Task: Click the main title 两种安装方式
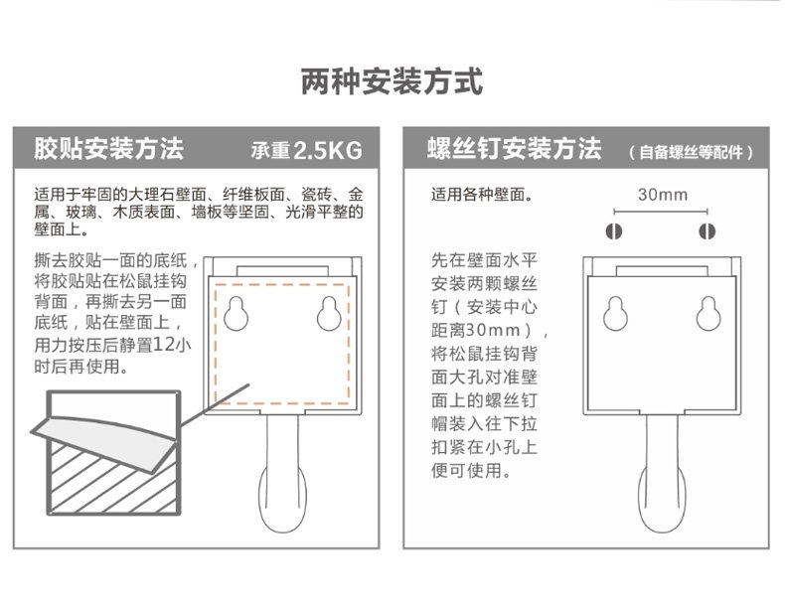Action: (392, 81)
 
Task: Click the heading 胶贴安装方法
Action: (109, 148)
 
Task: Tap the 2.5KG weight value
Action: (328, 150)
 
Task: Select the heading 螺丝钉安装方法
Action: (514, 148)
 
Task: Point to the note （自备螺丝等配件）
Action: (692, 152)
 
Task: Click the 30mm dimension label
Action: (663, 194)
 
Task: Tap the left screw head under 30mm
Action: (614, 231)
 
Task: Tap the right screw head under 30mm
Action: (706, 231)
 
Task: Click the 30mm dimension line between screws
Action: (661, 212)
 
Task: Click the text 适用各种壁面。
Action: (483, 194)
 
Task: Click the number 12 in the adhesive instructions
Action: (162, 345)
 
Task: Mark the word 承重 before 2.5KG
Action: (270, 150)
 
